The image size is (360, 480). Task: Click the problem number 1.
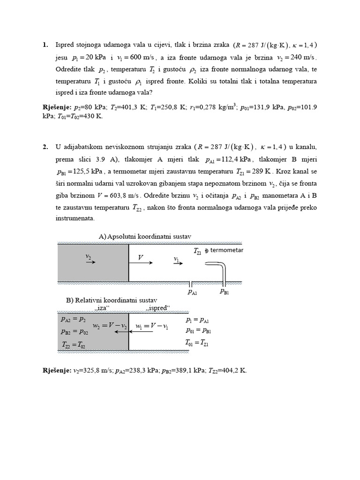tap(45, 45)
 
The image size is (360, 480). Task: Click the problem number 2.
tap(45, 147)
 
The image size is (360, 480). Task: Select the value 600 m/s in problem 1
tap(142, 58)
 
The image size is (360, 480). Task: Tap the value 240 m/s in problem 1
tap(301, 58)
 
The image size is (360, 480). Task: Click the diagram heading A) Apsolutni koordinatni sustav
tap(145, 236)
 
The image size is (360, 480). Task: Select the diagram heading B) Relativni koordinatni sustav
tap(111, 300)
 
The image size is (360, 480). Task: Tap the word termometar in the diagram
tap(227, 250)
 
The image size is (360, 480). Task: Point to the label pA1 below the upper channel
tap(192, 292)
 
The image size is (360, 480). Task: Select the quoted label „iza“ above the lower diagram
tap(102, 308)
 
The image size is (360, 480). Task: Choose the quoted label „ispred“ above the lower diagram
tap(157, 308)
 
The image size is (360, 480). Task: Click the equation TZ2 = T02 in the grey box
tap(74, 344)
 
